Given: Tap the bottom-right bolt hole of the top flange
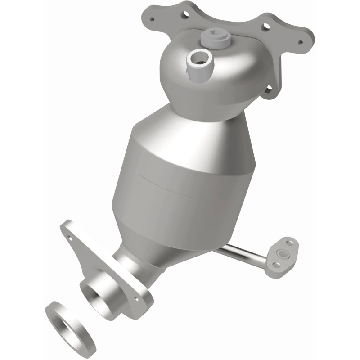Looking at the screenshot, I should [269, 90].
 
